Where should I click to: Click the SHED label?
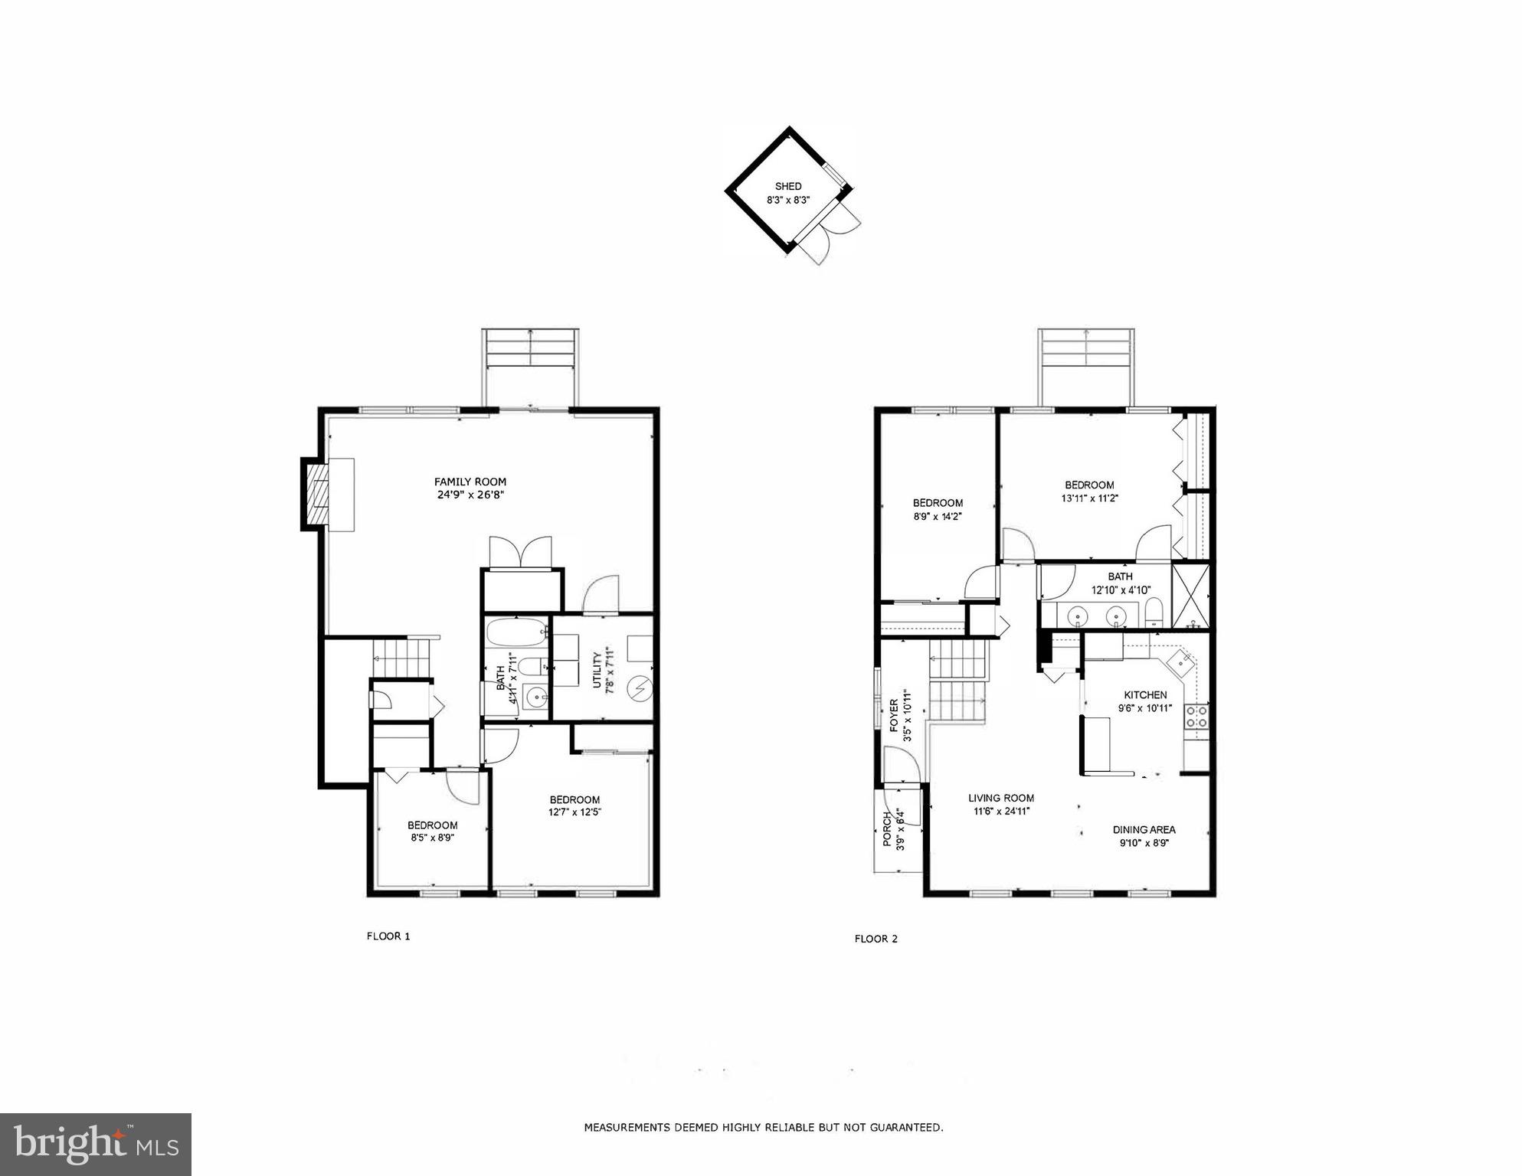pyautogui.click(x=787, y=186)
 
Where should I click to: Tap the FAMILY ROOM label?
pyautogui.click(x=470, y=482)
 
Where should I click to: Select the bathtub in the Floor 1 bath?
pyautogui.click(x=516, y=633)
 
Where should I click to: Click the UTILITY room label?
pyautogui.click(x=597, y=670)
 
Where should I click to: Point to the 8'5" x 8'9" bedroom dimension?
pyautogui.click(x=432, y=838)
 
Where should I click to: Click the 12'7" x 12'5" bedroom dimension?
pyautogui.click(x=574, y=812)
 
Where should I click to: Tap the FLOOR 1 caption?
pyautogui.click(x=388, y=936)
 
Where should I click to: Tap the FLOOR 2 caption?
pyautogui.click(x=876, y=939)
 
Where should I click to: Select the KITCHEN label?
pyautogui.click(x=1145, y=694)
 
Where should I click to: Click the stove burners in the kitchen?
pyautogui.click(x=1196, y=717)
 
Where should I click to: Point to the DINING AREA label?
pyautogui.click(x=1144, y=829)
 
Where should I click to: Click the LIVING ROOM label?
pyautogui.click(x=1000, y=798)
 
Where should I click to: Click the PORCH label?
pyautogui.click(x=888, y=830)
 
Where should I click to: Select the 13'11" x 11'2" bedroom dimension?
pyautogui.click(x=1089, y=498)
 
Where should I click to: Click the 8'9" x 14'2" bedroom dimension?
pyautogui.click(x=937, y=516)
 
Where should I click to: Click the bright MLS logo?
pyautogui.click(x=96, y=1145)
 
